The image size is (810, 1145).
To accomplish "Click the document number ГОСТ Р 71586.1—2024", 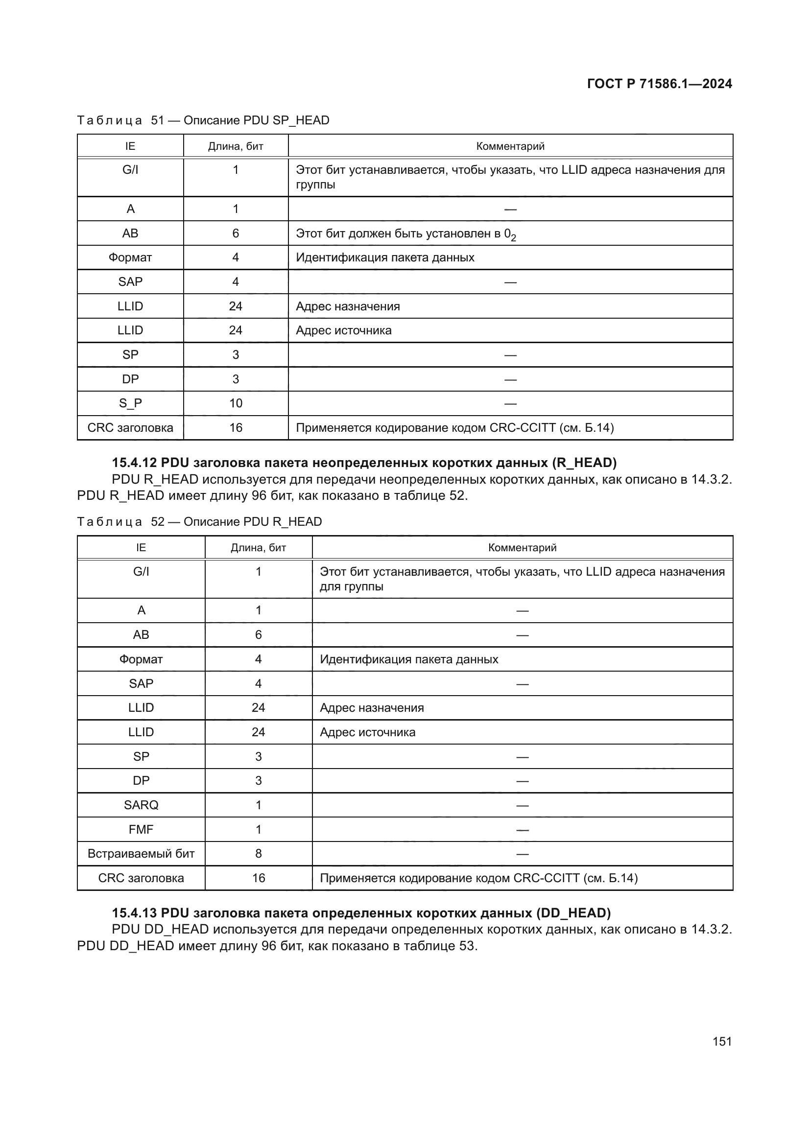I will [659, 84].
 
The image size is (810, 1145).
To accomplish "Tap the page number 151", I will [722, 1041].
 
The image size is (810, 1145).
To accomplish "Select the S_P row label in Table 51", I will [130, 403].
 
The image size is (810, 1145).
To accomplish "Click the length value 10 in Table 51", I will [236, 403].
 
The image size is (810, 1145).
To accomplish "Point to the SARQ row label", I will [141, 805].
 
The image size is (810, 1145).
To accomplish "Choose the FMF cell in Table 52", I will [141, 829].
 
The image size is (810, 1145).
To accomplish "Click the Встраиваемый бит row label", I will [141, 853].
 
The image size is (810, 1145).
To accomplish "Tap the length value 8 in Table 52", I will [259, 853].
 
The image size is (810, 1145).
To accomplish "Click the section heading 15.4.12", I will [364, 463].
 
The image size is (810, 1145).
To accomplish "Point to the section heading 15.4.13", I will [361, 912].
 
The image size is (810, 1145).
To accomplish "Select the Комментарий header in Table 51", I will [510, 146].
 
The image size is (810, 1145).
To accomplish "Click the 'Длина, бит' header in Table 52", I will [259, 548].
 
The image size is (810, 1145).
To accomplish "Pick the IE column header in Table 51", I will [130, 146].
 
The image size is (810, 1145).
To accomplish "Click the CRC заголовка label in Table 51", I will [130, 427].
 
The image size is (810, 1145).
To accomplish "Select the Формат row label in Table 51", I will [130, 257].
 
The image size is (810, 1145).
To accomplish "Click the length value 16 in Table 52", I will [259, 878].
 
